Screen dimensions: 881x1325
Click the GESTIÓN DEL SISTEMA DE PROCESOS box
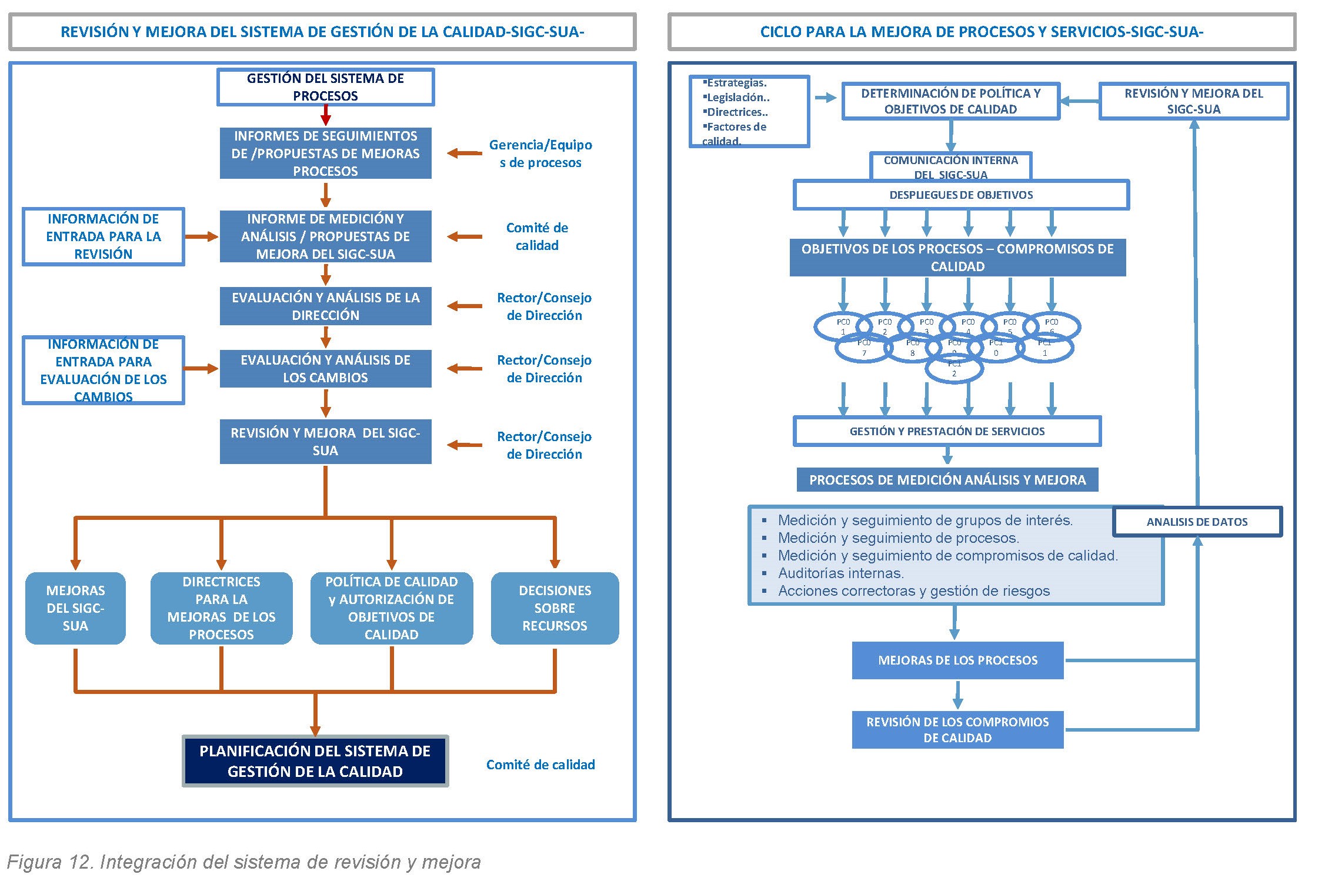[x=325, y=87]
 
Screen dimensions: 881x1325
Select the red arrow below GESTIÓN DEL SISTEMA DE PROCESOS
[x=325, y=116]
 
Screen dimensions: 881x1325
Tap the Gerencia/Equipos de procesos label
[x=540, y=153]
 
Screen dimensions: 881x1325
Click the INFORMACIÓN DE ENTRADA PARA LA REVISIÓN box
[x=104, y=236]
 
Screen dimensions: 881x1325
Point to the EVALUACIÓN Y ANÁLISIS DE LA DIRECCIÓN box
[x=325, y=306]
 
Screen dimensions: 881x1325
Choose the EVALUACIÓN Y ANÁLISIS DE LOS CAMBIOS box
[x=325, y=369]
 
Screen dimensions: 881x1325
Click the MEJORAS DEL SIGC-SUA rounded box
[x=75, y=608]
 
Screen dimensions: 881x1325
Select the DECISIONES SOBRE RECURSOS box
[x=555, y=608]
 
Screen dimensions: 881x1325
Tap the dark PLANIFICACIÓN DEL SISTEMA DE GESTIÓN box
[x=315, y=761]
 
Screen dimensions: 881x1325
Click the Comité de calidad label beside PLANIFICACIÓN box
[x=540, y=765]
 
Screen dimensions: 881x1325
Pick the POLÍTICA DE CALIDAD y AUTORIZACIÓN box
[x=392, y=608]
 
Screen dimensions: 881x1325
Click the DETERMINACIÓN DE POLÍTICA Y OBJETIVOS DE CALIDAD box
[x=950, y=101]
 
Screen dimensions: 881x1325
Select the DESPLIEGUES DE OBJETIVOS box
[x=961, y=195]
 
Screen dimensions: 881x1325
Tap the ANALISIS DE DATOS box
[x=1197, y=522]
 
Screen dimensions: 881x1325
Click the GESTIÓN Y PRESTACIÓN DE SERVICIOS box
[x=947, y=431]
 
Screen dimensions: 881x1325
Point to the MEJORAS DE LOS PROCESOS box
[x=957, y=660]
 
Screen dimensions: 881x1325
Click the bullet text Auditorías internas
[x=840, y=573]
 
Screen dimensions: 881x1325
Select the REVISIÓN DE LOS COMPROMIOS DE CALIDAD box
[x=957, y=730]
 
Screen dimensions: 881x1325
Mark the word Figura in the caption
[x=34, y=862]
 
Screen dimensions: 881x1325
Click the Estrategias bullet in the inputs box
[x=736, y=84]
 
